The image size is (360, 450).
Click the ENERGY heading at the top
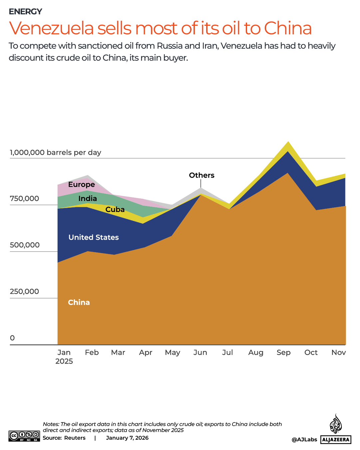25,12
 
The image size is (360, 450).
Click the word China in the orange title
288,28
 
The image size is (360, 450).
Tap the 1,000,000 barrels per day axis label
56,152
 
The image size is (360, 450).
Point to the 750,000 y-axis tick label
24,199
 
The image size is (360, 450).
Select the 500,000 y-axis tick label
25,245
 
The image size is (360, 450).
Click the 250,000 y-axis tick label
24,291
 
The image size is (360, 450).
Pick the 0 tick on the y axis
12,338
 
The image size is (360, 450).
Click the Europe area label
82,185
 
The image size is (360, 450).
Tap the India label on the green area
88,199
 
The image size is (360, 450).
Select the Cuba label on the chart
115,210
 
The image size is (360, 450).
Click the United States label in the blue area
94,237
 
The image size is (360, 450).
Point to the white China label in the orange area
79,302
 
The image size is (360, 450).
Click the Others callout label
201,175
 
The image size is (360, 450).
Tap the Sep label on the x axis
283,353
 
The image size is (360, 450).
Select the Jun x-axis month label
200,353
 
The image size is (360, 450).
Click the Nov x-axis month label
339,353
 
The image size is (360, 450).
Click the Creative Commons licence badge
24,436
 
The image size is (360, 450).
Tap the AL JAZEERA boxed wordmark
336,440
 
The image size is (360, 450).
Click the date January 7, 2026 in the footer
127,438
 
